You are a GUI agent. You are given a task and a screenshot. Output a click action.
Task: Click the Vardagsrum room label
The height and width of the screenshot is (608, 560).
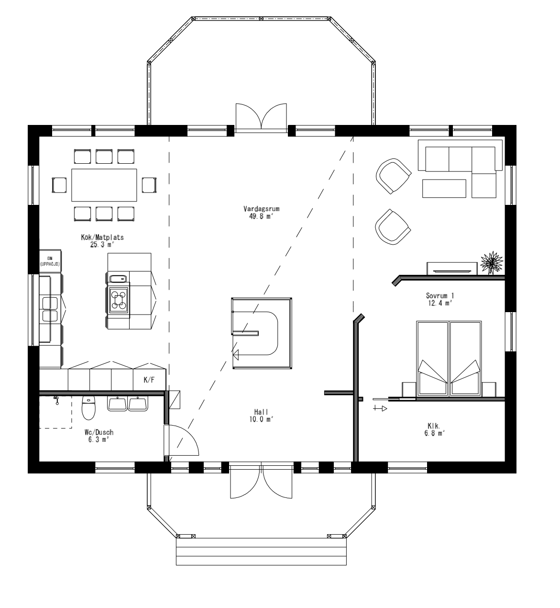(x=261, y=212)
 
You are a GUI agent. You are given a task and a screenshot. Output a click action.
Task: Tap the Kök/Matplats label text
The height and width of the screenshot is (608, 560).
(x=103, y=241)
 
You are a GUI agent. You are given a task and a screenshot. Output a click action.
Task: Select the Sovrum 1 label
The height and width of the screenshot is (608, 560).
(x=439, y=299)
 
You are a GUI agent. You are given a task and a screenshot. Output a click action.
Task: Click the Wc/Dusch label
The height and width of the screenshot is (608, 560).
(x=100, y=435)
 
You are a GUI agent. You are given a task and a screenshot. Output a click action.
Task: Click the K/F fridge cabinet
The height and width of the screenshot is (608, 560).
(x=149, y=380)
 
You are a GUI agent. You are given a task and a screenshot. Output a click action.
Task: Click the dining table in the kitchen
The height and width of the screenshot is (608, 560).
(x=104, y=185)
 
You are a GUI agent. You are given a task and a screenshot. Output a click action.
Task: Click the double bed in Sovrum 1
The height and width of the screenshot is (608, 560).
(x=449, y=359)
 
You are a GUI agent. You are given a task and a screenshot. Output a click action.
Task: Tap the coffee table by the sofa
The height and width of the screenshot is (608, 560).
(x=444, y=188)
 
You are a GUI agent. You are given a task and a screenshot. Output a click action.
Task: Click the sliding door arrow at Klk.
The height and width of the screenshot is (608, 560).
(x=380, y=408)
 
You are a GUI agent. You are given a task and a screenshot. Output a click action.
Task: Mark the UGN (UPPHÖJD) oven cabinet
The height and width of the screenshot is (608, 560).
(x=50, y=261)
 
